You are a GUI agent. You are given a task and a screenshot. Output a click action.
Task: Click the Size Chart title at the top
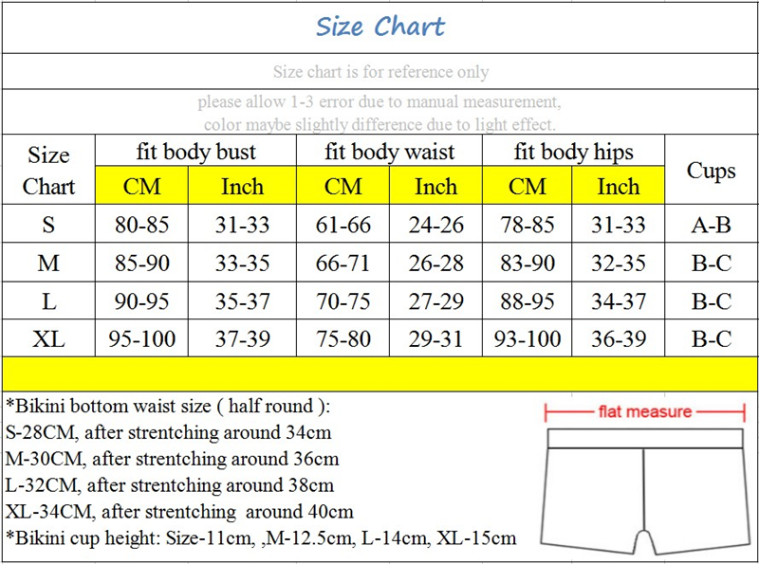click(x=379, y=27)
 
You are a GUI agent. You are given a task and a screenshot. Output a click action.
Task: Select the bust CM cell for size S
click(x=141, y=226)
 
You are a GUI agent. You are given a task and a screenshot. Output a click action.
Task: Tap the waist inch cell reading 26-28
click(x=435, y=264)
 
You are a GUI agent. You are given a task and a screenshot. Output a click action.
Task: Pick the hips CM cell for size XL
click(x=528, y=338)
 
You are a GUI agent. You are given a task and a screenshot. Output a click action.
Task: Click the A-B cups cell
click(x=712, y=226)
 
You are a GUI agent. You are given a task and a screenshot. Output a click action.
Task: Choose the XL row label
click(x=48, y=338)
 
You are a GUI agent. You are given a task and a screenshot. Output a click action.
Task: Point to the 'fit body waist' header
click(x=389, y=152)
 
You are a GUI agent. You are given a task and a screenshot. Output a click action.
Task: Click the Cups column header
click(x=712, y=171)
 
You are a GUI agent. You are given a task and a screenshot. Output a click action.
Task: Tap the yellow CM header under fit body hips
click(x=528, y=187)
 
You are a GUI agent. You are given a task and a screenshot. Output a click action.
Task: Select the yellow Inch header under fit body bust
click(x=242, y=187)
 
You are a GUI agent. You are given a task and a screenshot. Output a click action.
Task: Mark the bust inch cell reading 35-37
click(x=242, y=301)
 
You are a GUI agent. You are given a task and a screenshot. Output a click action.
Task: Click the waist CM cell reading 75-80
click(x=343, y=338)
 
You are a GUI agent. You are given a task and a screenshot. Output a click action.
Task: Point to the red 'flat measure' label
click(x=644, y=412)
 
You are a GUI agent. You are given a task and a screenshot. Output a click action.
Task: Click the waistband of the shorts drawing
click(x=644, y=438)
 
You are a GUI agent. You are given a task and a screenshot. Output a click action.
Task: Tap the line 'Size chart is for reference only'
click(x=380, y=72)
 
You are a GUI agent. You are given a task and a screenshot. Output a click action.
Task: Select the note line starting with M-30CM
click(x=172, y=459)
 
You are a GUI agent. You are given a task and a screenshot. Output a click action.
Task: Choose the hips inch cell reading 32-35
click(x=619, y=264)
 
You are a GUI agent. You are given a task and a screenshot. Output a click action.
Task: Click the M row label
click(x=48, y=264)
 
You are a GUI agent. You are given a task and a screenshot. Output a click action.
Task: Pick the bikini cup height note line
click(x=261, y=538)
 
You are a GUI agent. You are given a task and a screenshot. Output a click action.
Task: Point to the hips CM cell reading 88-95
click(x=528, y=301)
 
